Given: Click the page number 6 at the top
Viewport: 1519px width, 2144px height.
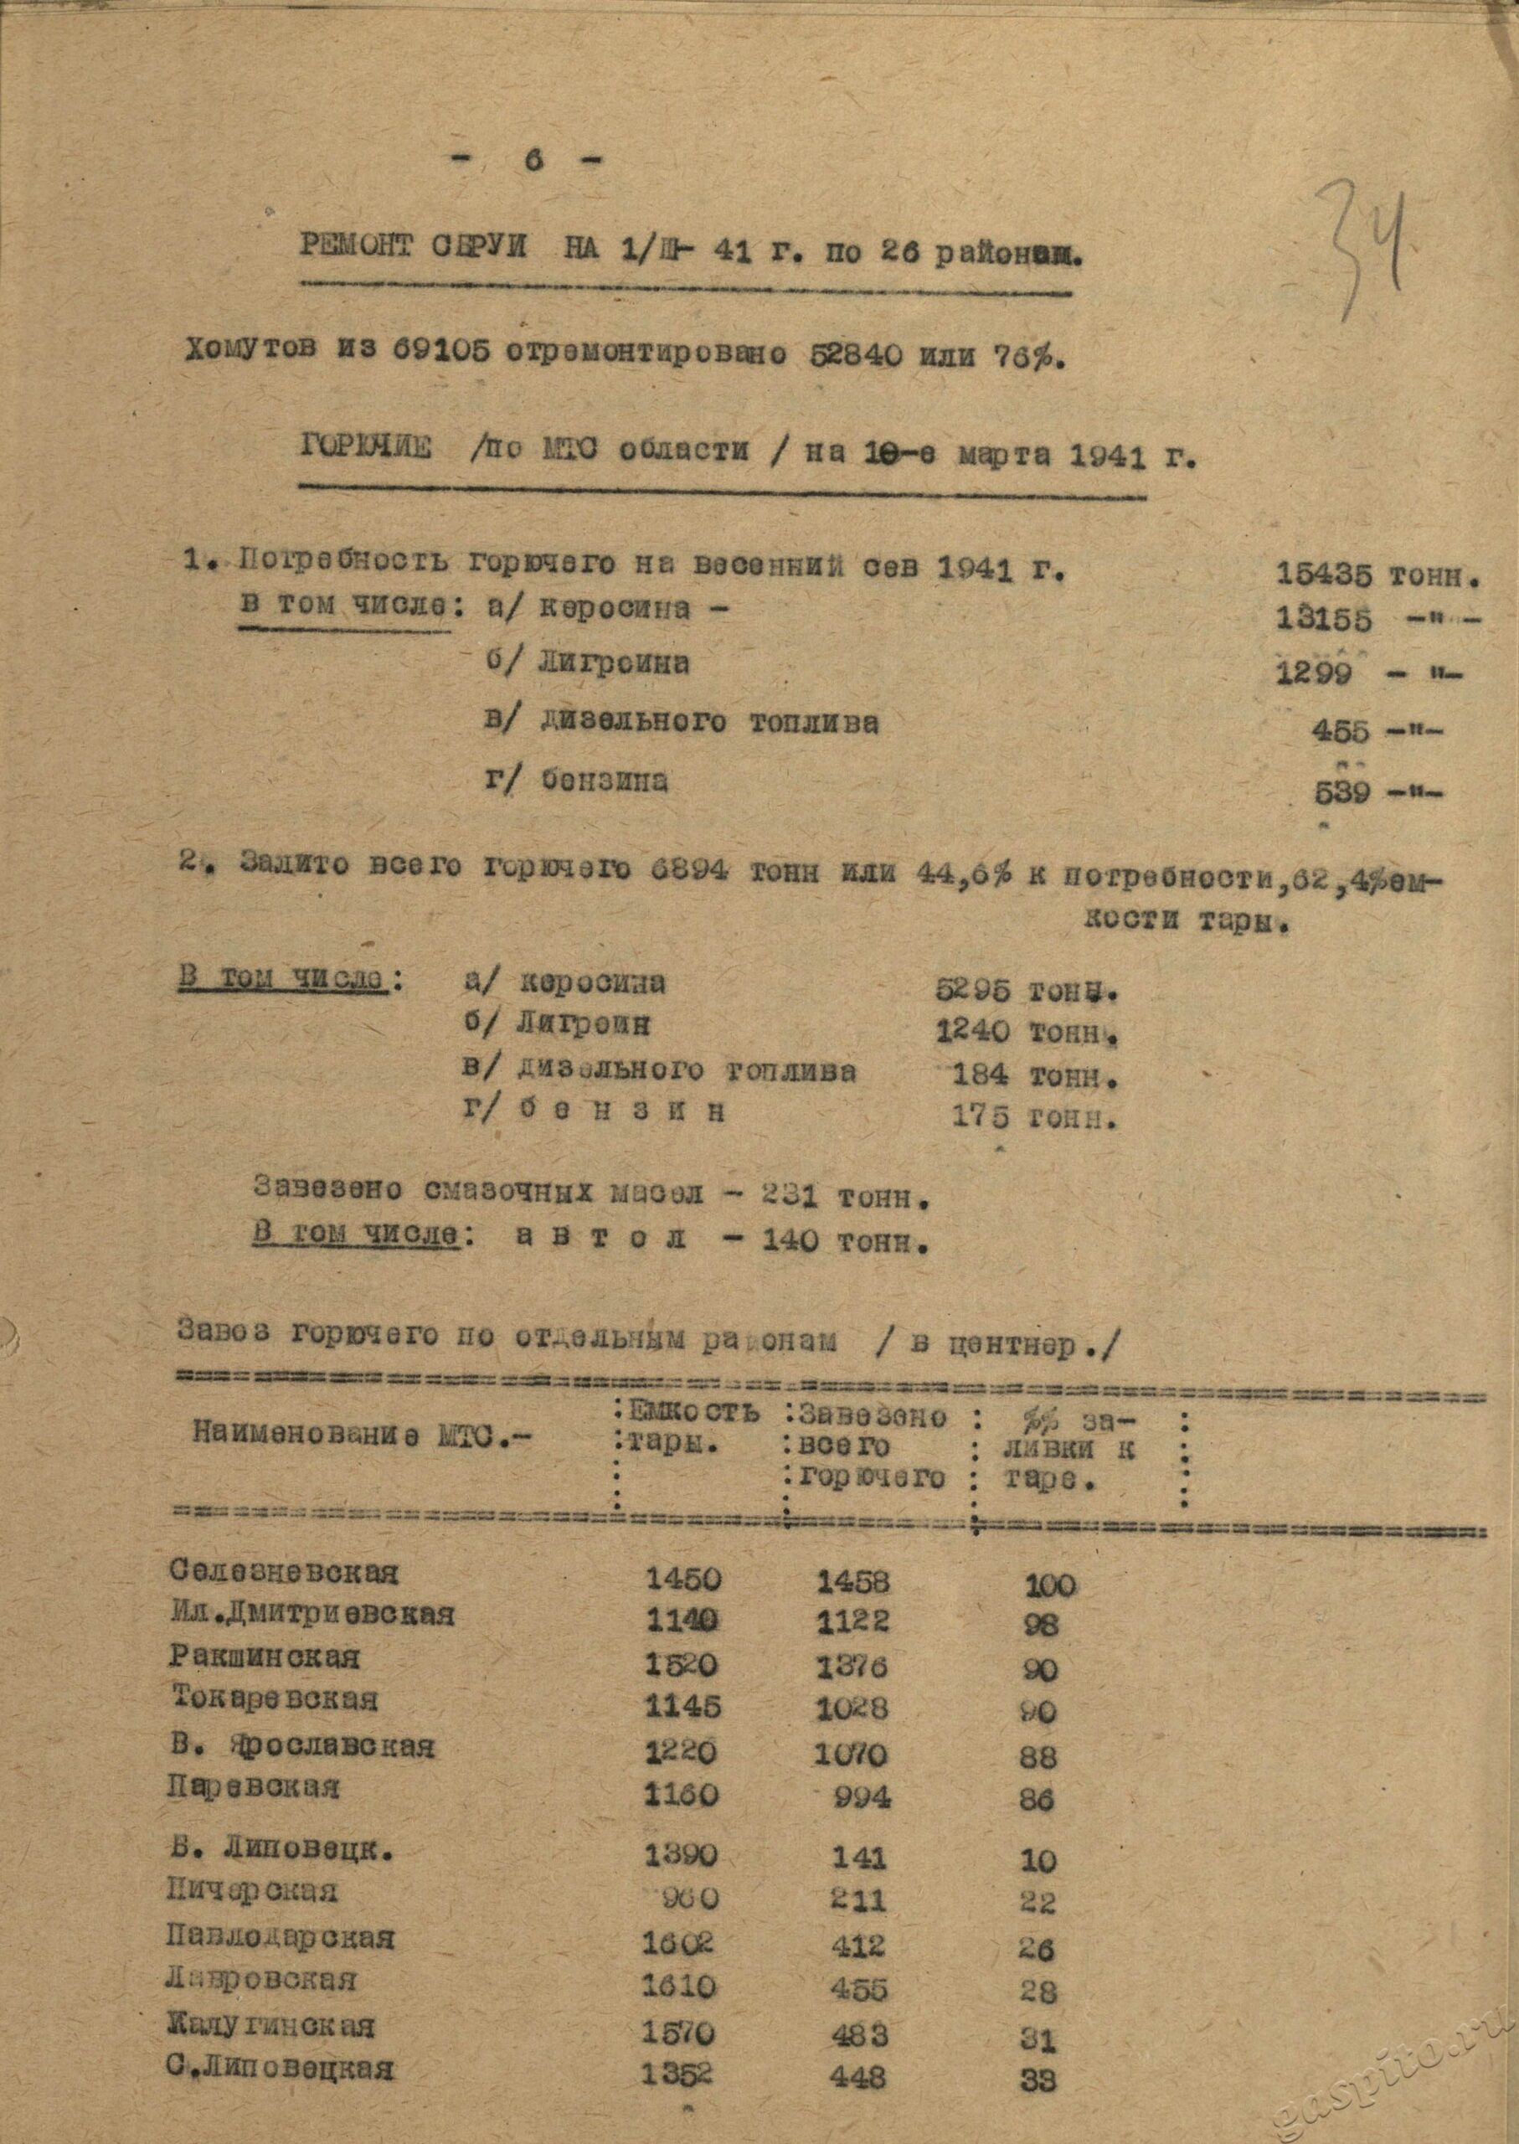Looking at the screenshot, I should pos(533,160).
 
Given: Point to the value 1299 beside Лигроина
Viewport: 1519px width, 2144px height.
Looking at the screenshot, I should pos(1314,673).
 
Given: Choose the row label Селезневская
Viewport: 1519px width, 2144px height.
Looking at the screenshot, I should pos(285,1573).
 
